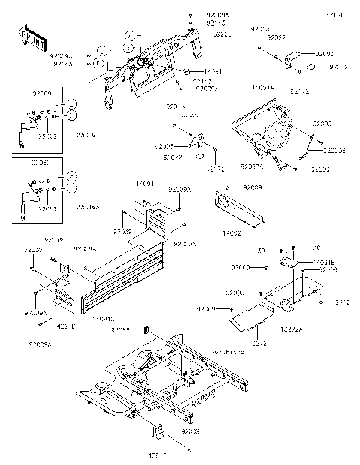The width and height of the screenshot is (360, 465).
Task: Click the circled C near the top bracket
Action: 129,35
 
